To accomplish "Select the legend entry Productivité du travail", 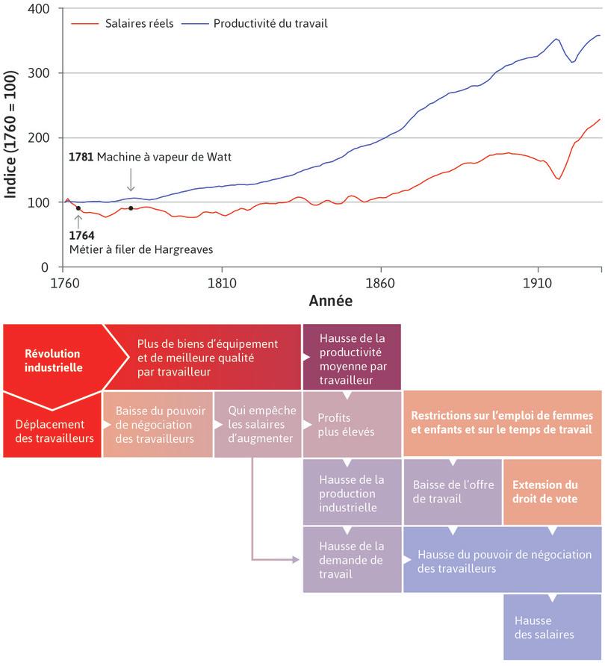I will point(270,23).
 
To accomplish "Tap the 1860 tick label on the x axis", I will point(380,283).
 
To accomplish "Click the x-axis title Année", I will point(330,302).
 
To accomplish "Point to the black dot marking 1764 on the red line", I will point(78,208).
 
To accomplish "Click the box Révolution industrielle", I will point(52,361).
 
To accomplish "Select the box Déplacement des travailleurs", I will point(55,431).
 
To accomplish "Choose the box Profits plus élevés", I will point(351,424).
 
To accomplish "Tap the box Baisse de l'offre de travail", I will point(453,491).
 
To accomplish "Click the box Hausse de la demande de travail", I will point(351,560).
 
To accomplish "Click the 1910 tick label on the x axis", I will point(537,283).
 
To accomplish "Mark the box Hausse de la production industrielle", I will point(351,493).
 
